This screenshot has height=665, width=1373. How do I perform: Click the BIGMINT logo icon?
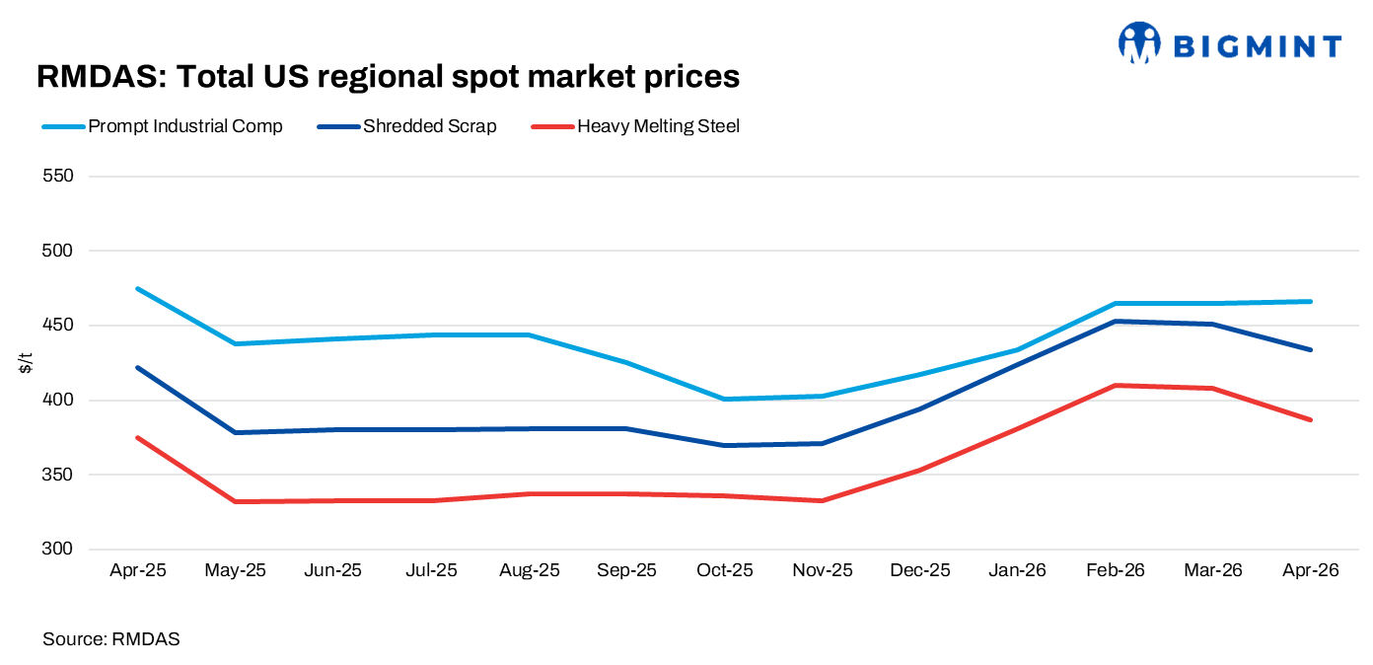tap(1139, 44)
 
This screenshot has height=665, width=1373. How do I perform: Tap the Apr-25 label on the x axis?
tap(137, 571)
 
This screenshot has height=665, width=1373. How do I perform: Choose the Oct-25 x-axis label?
tap(725, 571)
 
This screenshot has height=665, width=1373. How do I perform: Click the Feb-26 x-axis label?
tap(1116, 571)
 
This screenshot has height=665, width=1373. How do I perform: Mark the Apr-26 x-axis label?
tap(1311, 571)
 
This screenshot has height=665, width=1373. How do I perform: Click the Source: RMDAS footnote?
tap(111, 639)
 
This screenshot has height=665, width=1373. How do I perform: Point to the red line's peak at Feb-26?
tap(1116, 385)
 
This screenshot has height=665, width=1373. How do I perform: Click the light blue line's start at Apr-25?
tap(138, 289)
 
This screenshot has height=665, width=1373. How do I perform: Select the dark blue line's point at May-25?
tap(236, 432)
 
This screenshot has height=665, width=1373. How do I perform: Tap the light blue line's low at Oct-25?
tap(725, 399)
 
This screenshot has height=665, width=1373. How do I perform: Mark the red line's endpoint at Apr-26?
tap(1311, 419)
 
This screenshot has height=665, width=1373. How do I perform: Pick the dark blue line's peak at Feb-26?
tap(1116, 321)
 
